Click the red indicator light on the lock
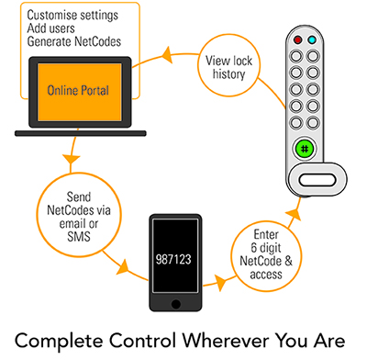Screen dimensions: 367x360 [x=297, y=39]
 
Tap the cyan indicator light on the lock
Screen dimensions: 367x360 [x=312, y=39]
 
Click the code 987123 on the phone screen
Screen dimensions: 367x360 [x=173, y=260]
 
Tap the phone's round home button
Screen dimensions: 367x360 [x=176, y=304]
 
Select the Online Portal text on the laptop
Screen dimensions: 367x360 [x=78, y=90]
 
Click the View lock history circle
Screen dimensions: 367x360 [x=228, y=65]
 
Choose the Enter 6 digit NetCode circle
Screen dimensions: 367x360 [x=266, y=256]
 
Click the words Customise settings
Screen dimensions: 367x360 [x=72, y=16]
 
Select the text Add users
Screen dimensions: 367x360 [x=50, y=28]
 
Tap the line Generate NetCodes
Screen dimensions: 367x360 [x=74, y=41]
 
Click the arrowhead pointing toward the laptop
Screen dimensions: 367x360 [x=167, y=55]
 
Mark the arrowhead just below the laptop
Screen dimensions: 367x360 [x=71, y=159]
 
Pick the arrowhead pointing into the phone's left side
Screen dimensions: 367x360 [x=123, y=267]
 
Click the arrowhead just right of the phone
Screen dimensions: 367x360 [x=221, y=282]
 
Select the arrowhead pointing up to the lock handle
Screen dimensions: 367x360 [x=294, y=215]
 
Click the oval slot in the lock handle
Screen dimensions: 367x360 [x=317, y=180]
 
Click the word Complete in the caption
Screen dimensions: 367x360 [x=59, y=342]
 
